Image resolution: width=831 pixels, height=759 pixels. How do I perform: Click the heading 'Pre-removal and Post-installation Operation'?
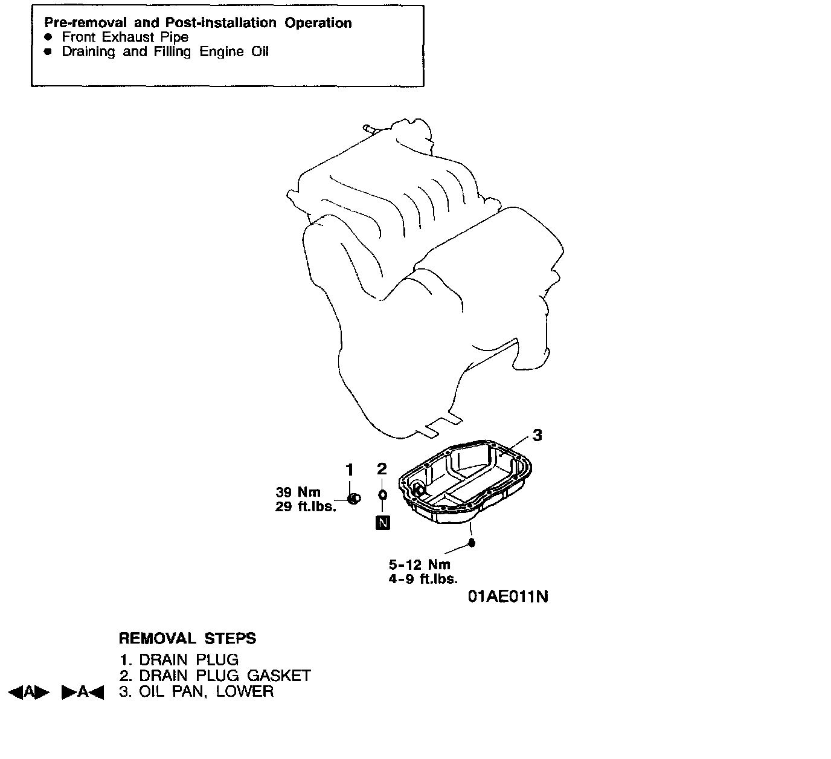(x=198, y=23)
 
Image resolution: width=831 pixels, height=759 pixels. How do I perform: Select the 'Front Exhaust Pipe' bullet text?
(x=125, y=37)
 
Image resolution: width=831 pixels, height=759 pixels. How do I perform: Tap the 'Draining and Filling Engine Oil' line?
(x=165, y=52)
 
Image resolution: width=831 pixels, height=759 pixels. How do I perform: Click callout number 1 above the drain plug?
(x=349, y=469)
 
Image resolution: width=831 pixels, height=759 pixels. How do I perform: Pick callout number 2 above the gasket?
(x=382, y=469)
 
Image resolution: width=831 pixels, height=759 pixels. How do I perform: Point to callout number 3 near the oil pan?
(x=537, y=435)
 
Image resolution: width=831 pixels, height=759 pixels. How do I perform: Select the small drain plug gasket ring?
(x=382, y=495)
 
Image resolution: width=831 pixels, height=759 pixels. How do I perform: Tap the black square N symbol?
(x=383, y=523)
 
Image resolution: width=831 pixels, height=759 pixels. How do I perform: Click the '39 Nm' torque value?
(x=298, y=492)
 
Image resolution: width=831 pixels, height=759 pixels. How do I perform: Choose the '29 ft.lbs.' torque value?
(x=306, y=507)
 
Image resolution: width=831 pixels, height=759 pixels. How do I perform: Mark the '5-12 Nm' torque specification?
(x=420, y=565)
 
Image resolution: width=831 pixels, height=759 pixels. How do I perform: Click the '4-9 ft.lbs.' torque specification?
(x=423, y=579)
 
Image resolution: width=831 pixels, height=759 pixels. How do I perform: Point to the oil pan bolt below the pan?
(x=472, y=543)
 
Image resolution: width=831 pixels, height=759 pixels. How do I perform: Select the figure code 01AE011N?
(x=509, y=597)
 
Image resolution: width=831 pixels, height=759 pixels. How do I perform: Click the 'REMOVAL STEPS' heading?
(x=187, y=639)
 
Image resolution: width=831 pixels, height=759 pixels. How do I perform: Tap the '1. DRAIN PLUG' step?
(x=179, y=660)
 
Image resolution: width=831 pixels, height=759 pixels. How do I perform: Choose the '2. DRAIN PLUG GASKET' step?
(x=215, y=676)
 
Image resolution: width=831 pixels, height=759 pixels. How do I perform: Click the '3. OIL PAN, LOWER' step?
(x=196, y=691)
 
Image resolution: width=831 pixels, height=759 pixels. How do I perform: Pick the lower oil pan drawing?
(x=465, y=483)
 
